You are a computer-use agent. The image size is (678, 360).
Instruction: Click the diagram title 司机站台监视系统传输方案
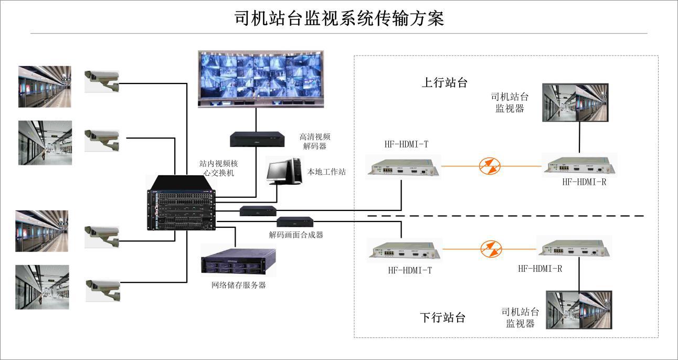(339, 18)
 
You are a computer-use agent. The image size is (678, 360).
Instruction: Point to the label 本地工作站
(326, 172)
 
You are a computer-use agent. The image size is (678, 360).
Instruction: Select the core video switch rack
(182, 204)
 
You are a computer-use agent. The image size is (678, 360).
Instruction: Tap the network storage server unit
(238, 261)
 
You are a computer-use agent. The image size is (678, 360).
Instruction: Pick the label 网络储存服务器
(238, 285)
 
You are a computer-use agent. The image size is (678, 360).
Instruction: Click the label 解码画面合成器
(296, 235)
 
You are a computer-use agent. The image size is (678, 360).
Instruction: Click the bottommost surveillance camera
(103, 289)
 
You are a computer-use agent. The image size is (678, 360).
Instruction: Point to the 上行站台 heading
(444, 82)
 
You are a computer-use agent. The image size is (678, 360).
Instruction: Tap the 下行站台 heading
(443, 317)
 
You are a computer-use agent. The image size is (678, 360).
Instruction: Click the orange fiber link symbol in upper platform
(490, 166)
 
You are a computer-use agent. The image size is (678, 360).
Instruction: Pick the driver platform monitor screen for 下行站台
(579, 310)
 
